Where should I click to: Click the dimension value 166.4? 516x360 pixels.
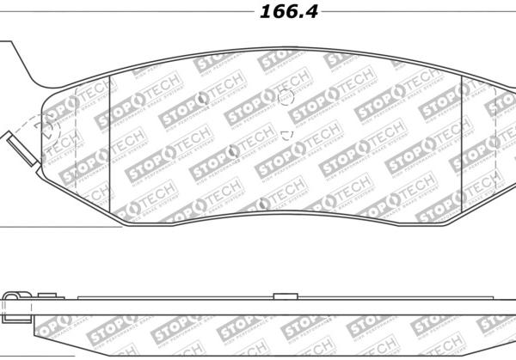(x=279, y=14)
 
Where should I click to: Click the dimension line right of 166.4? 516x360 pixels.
(x=413, y=13)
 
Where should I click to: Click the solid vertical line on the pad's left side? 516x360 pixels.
(x=114, y=137)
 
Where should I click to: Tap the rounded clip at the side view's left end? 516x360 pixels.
(x=9, y=301)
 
